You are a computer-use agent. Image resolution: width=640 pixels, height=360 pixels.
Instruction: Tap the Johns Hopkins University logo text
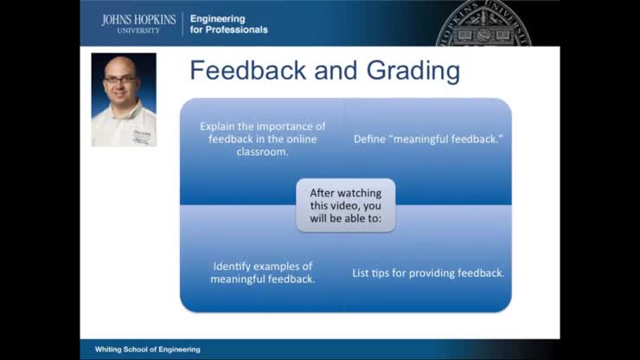tap(138, 23)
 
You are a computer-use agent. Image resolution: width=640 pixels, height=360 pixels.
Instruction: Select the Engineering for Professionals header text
tap(229, 23)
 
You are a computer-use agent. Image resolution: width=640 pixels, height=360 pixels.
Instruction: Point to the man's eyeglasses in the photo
tap(120, 80)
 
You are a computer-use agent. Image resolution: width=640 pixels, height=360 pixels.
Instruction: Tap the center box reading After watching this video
tap(345, 206)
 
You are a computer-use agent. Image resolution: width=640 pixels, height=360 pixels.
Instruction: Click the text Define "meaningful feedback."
tap(428, 138)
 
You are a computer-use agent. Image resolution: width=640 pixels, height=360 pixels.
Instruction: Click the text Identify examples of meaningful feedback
tap(262, 273)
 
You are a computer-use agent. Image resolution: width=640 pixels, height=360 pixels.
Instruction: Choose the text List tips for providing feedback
tap(428, 273)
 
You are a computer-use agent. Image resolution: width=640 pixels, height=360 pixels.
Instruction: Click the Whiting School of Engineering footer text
tap(147, 350)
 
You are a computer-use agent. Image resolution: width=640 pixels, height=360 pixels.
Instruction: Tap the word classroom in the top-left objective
tap(262, 151)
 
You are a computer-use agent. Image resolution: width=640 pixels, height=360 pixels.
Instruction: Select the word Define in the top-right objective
tap(369, 138)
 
